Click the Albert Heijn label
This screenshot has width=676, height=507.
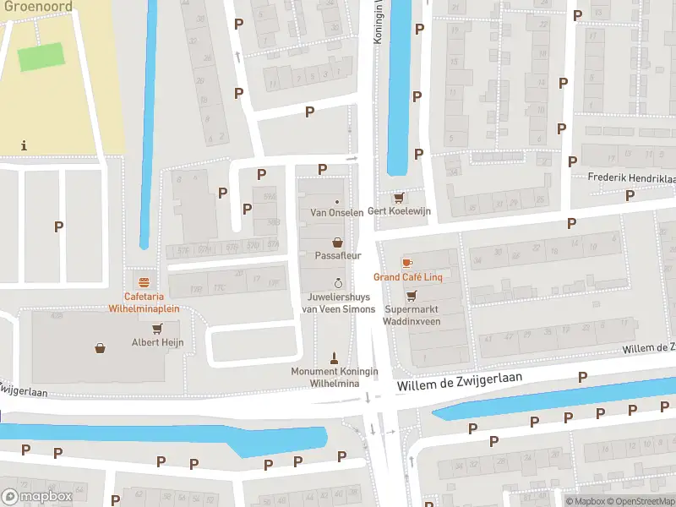(x=157, y=342)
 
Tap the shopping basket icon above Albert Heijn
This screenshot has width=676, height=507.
(x=101, y=347)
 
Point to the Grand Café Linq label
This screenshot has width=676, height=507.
(x=409, y=277)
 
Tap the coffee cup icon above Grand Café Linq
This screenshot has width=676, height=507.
(x=408, y=263)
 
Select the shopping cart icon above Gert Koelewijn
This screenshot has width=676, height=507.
(x=399, y=198)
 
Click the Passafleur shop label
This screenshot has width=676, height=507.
(x=337, y=254)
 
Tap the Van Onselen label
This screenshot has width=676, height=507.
(x=337, y=212)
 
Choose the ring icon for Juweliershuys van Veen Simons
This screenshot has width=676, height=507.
(x=338, y=283)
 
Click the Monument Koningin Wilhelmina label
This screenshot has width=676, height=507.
(x=335, y=377)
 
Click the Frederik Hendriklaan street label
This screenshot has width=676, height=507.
(x=632, y=179)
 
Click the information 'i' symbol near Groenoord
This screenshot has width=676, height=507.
(x=24, y=145)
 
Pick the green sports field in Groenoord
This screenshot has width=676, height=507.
(x=41, y=57)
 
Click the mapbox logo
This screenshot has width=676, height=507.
(x=37, y=497)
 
